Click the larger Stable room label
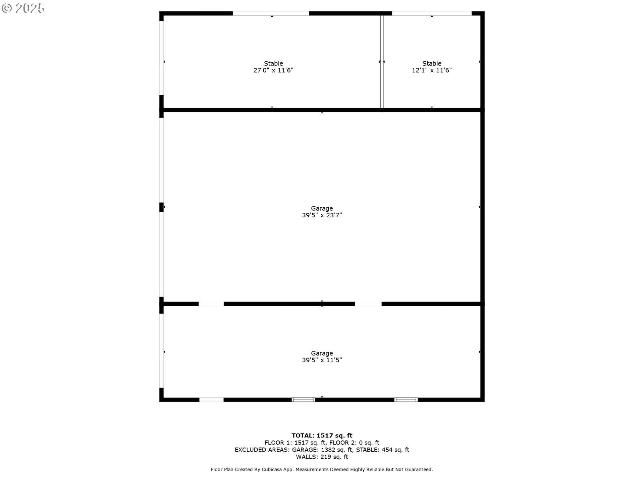pyautogui.click(x=273, y=63)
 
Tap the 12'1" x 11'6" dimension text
pyautogui.click(x=432, y=70)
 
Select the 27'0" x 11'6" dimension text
pyautogui.click(x=273, y=70)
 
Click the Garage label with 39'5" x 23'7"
pyautogui.click(x=322, y=208)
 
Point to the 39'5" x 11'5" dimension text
pyautogui.click(x=322, y=360)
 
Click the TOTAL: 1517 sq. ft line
pyautogui.click(x=322, y=435)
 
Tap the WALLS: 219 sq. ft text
pyautogui.click(x=322, y=457)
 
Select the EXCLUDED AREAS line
pyautogui.click(x=322, y=450)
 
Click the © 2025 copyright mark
pyautogui.click(x=23, y=8)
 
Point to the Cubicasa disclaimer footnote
pyautogui.click(x=322, y=470)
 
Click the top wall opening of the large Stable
pyautogui.click(x=271, y=13)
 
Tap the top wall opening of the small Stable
pyautogui.click(x=432, y=13)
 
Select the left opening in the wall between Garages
pyautogui.click(x=211, y=304)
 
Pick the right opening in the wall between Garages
pyautogui.click(x=368, y=304)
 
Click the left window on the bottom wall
pyautogui.click(x=303, y=399)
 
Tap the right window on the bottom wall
pyautogui.click(x=406, y=399)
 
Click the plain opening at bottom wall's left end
pyautogui.click(x=211, y=399)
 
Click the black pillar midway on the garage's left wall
pyautogui.click(x=161, y=207)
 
